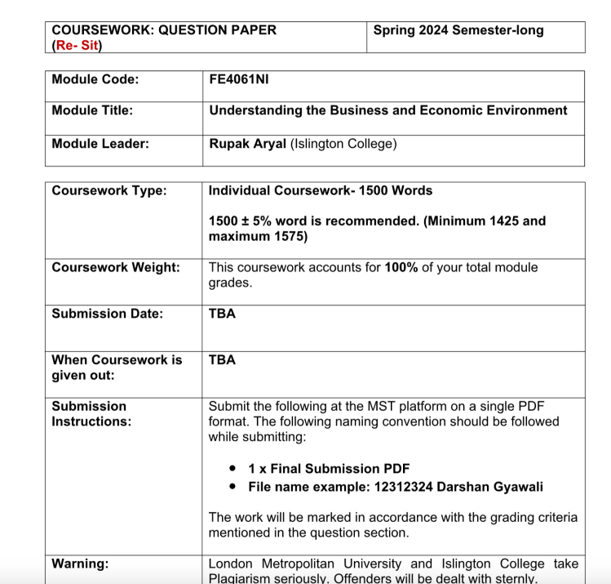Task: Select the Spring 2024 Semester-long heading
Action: pyautogui.click(x=458, y=30)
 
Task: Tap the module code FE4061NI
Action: pyautogui.click(x=239, y=79)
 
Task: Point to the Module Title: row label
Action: pyautogui.click(x=92, y=110)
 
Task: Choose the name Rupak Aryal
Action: pyautogui.click(x=248, y=144)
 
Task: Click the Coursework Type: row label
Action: pyautogui.click(x=108, y=190)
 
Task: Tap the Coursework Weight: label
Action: pyautogui.click(x=116, y=267)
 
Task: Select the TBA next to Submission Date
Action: pyautogui.click(x=222, y=314)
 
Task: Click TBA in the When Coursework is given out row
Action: pyautogui.click(x=222, y=359)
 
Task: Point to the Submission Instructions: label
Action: pyautogui.click(x=91, y=413)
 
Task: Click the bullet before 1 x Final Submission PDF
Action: pyautogui.click(x=233, y=469)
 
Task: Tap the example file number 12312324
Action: pyautogui.click(x=388, y=487)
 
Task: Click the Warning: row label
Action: pyautogui.click(x=80, y=563)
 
